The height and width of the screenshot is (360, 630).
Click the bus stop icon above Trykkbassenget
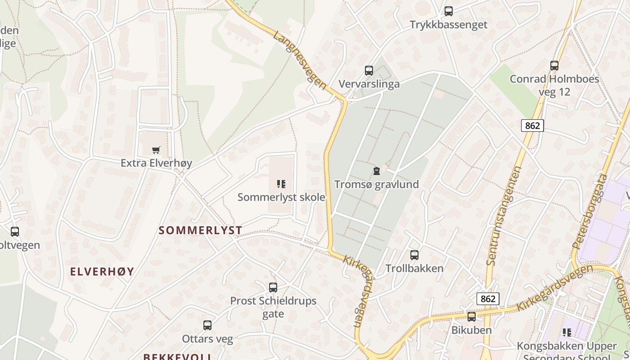pos(448,11)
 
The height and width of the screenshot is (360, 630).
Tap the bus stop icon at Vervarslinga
pos(369,71)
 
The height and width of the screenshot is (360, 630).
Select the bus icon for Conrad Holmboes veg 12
pos(554,66)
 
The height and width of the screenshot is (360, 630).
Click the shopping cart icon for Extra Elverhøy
pos(156,150)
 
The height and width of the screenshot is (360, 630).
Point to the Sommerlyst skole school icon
pos(281,184)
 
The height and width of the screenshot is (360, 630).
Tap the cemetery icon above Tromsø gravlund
pos(376,171)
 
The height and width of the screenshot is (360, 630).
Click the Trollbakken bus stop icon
pos(414,255)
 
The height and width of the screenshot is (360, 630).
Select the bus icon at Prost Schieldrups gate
pos(273,288)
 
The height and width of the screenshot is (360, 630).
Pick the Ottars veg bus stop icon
pos(207,325)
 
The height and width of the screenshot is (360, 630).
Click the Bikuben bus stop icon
pos(472,317)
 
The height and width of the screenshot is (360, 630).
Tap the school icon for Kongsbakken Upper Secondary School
pos(567,333)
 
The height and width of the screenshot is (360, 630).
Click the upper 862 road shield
pos(532,126)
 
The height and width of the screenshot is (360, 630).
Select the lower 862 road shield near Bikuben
pos(488,299)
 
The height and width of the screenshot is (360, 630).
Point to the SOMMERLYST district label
pos(201,230)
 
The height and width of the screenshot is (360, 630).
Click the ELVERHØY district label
pos(102,271)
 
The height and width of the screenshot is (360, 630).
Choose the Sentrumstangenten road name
pos(504,216)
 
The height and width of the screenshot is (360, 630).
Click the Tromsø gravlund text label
pos(376,184)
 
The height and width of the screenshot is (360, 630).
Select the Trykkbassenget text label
pos(448,25)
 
